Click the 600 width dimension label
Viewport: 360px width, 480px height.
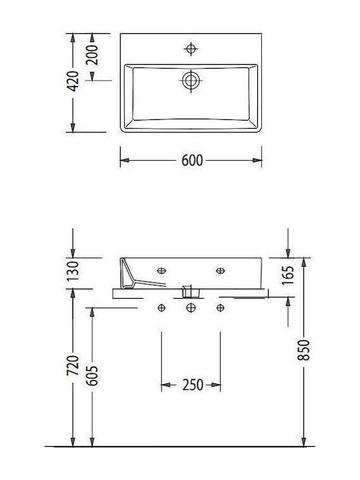pos(192,161)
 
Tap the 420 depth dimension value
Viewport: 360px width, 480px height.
pos(73,81)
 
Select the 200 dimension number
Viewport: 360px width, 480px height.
pos(92,55)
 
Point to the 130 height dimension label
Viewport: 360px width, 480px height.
pos(73,271)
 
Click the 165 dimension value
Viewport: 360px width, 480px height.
pos(288,275)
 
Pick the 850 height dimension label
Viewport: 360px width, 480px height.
pos(304,349)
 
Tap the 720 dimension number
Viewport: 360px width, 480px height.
pos(73,365)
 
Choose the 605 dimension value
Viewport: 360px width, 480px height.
pos(92,375)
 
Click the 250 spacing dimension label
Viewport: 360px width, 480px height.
pos(193,385)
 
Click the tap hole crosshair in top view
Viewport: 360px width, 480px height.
pos(191,49)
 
